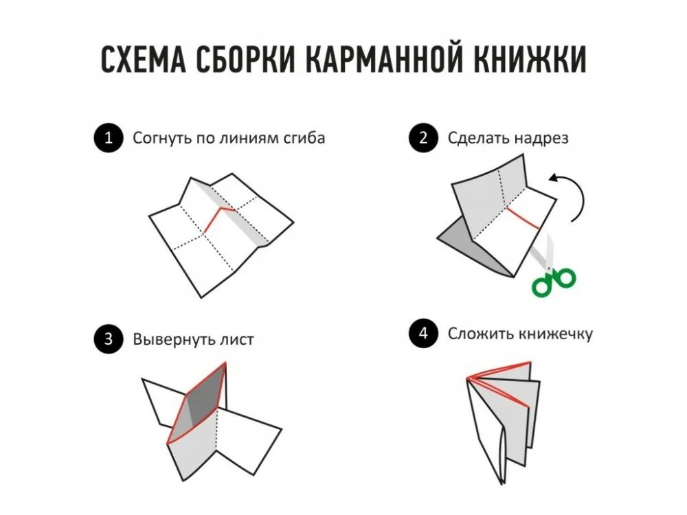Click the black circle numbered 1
tap(107, 138)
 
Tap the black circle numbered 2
tap(423, 138)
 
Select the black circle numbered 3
tap(107, 339)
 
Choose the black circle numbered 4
tap(423, 334)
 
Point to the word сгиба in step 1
tap(304, 139)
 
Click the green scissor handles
tap(554, 280)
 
